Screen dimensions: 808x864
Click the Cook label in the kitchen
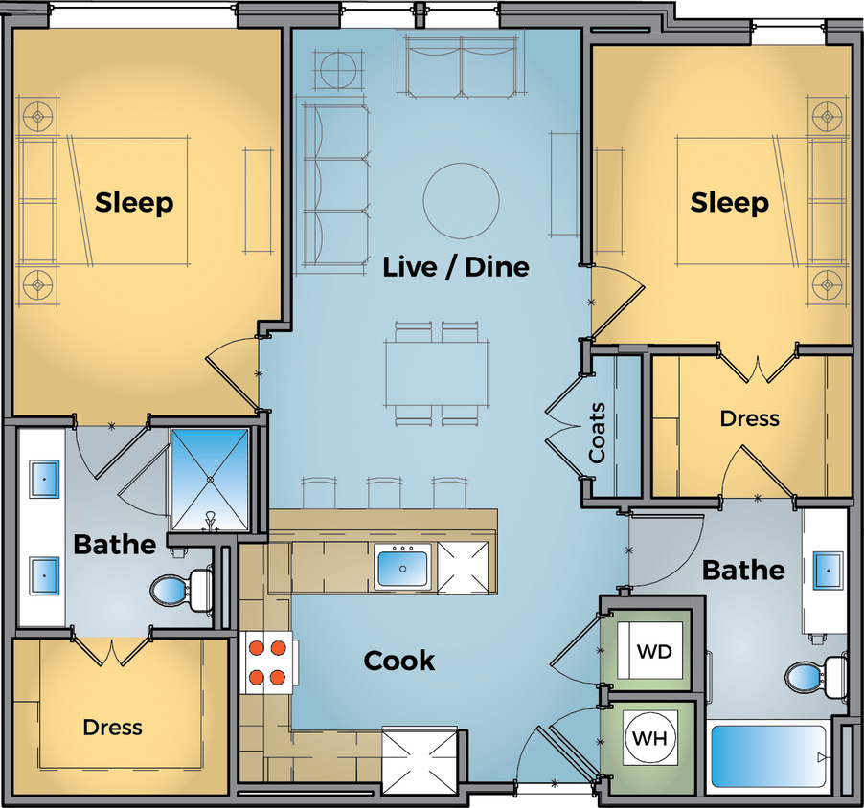coord(399,661)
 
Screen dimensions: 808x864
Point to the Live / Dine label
coord(455,266)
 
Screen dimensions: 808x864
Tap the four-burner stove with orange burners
coord(267,662)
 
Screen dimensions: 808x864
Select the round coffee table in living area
coord(461,200)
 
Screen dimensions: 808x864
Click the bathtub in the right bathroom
coord(767,756)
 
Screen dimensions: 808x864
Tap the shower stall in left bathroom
coord(210,478)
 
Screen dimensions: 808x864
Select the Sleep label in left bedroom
coord(134,203)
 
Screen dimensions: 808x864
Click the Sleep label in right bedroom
coord(730,203)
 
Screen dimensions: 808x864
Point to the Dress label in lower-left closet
coord(112,728)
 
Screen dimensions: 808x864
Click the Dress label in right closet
coord(750,418)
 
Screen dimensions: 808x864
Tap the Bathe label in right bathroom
coord(743,570)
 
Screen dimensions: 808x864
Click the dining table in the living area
coord(436,373)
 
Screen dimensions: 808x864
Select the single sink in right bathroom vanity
coord(828,570)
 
